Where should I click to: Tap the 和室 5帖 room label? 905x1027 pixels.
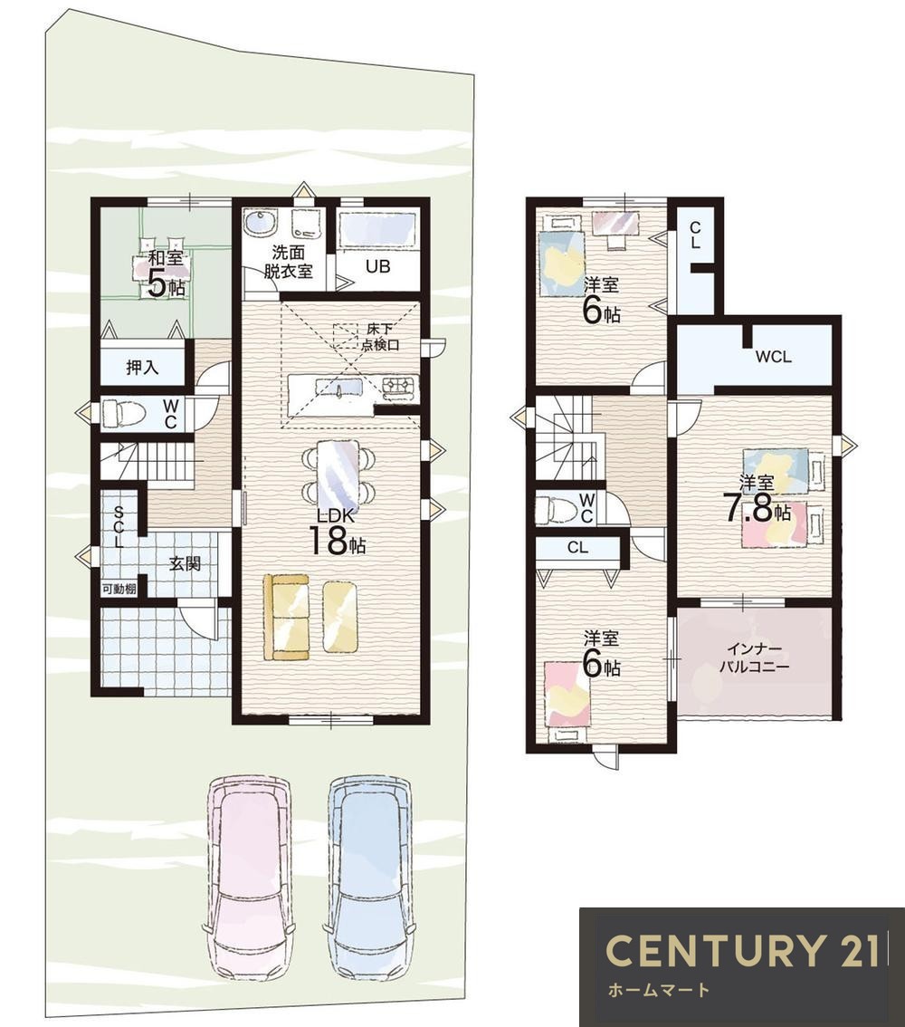[166, 274]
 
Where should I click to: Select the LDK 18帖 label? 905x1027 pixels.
[337, 531]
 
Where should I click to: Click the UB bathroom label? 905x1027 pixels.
[378, 266]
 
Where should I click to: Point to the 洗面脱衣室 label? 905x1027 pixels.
[289, 262]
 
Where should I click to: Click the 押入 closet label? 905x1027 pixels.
[143, 368]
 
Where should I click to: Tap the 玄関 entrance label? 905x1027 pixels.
[186, 563]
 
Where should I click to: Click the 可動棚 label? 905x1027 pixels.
[119, 589]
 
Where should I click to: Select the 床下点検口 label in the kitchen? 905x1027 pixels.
[380, 337]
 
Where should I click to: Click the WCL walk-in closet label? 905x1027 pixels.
[774, 357]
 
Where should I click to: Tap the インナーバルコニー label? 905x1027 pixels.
[755, 658]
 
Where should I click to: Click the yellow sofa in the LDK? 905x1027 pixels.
[287, 617]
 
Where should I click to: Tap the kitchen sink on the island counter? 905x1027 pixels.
[339, 389]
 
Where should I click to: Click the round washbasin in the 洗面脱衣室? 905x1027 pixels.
[261, 224]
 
